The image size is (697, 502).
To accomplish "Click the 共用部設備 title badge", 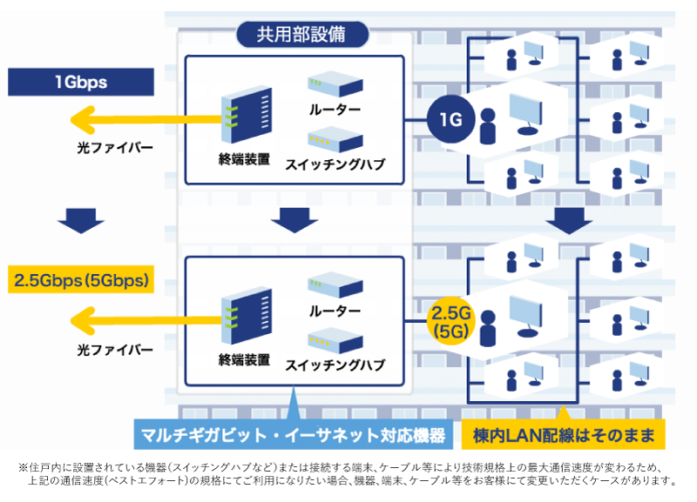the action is pyautogui.click(x=302, y=35).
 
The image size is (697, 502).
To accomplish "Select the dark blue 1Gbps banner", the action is pyautogui.click(x=81, y=82).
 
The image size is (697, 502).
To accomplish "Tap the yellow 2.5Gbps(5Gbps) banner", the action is pyautogui.click(x=81, y=279).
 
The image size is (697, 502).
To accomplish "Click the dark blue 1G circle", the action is pyautogui.click(x=450, y=119).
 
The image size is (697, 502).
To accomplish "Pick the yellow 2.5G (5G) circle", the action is pyautogui.click(x=450, y=321).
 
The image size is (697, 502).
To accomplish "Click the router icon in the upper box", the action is pyautogui.click(x=335, y=84).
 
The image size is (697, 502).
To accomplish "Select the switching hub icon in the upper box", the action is pyautogui.click(x=335, y=139).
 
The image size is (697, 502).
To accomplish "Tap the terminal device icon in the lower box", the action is pyautogui.click(x=247, y=315).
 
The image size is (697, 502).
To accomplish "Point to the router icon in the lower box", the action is pyautogui.click(x=335, y=284).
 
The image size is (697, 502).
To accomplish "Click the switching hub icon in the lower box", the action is pyautogui.click(x=335, y=340).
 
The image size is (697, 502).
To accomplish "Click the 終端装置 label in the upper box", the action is pyautogui.click(x=245, y=159).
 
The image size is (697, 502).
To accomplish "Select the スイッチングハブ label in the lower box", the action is pyautogui.click(x=335, y=365).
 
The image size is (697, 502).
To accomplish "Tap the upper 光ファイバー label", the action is pyautogui.click(x=115, y=147).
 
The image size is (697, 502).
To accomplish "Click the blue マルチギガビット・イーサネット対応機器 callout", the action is pyautogui.click(x=294, y=434).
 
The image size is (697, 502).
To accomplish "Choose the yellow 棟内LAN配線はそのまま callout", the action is pyautogui.click(x=563, y=434).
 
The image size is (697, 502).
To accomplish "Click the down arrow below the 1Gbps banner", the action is pyautogui.click(x=81, y=220).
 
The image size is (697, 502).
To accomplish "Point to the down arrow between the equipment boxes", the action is pyautogui.click(x=294, y=220).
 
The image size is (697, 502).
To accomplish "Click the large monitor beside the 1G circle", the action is pyautogui.click(x=526, y=114).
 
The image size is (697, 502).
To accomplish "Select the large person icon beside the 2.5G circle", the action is pyautogui.click(x=488, y=328).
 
